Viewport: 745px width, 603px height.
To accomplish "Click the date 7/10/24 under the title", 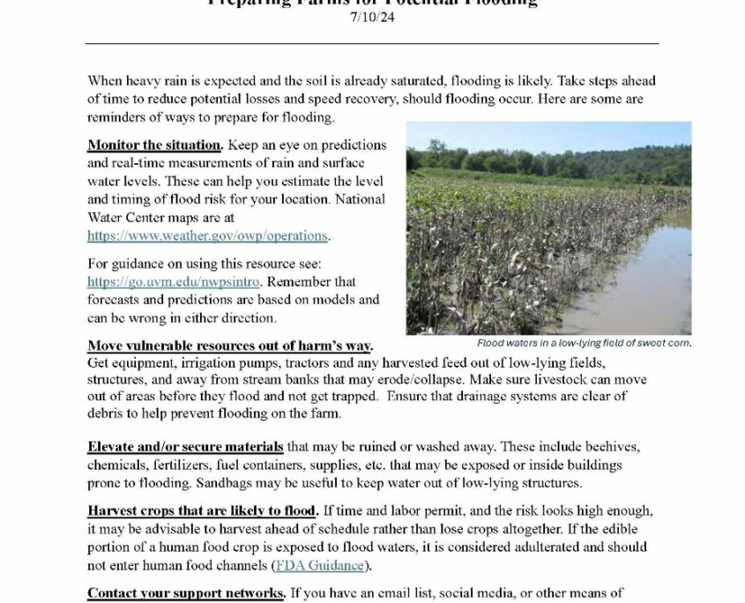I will point(372,18).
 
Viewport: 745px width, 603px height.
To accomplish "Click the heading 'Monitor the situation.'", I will point(154,145).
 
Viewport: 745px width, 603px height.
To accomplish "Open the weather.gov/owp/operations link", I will point(208,235).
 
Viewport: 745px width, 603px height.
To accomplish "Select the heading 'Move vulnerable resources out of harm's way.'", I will point(229,346).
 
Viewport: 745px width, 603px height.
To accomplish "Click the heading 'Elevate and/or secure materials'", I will point(185,447).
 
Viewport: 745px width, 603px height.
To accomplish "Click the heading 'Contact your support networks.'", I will point(186,593).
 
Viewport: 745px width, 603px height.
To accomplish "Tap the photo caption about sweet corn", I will point(584,343).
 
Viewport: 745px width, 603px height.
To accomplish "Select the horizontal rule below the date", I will point(372,42).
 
